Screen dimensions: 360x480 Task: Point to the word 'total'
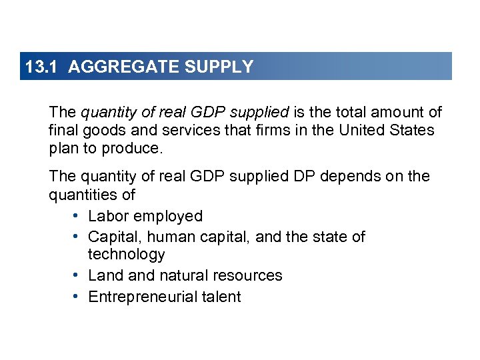click(361, 112)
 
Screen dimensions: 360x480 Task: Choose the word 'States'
click(413, 130)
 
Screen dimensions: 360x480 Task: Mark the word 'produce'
click(131, 148)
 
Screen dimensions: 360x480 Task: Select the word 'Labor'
click(107, 216)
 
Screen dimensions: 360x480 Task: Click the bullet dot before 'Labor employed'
click(77, 216)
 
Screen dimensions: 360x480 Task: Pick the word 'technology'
click(127, 255)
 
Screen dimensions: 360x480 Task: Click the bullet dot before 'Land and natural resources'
click(77, 275)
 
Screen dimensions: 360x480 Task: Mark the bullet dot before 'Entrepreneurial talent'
click(77, 297)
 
